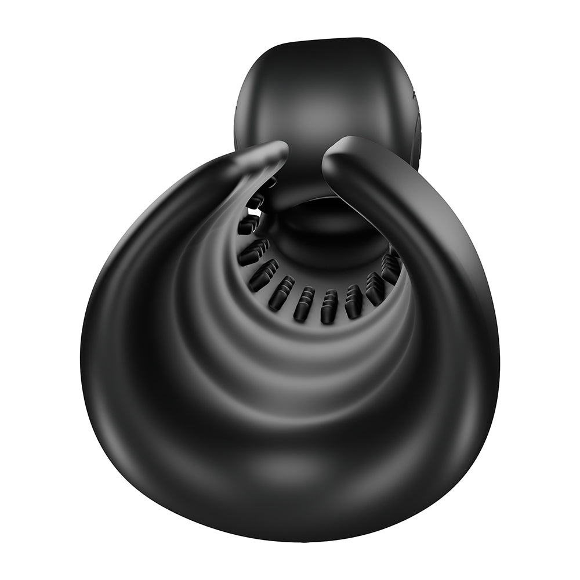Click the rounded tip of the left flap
[x=277, y=149]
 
